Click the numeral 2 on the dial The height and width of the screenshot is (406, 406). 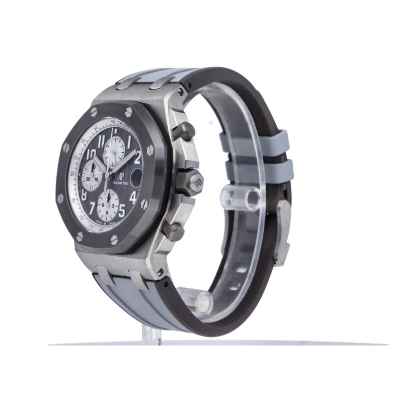pos(137,158)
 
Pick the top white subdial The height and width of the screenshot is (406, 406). pos(114,151)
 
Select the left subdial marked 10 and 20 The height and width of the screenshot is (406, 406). pos(91,178)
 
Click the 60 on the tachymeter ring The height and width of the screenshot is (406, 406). pos(113,122)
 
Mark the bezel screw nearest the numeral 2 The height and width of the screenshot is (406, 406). pos(150,150)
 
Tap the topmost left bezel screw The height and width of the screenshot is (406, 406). pos(94,112)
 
